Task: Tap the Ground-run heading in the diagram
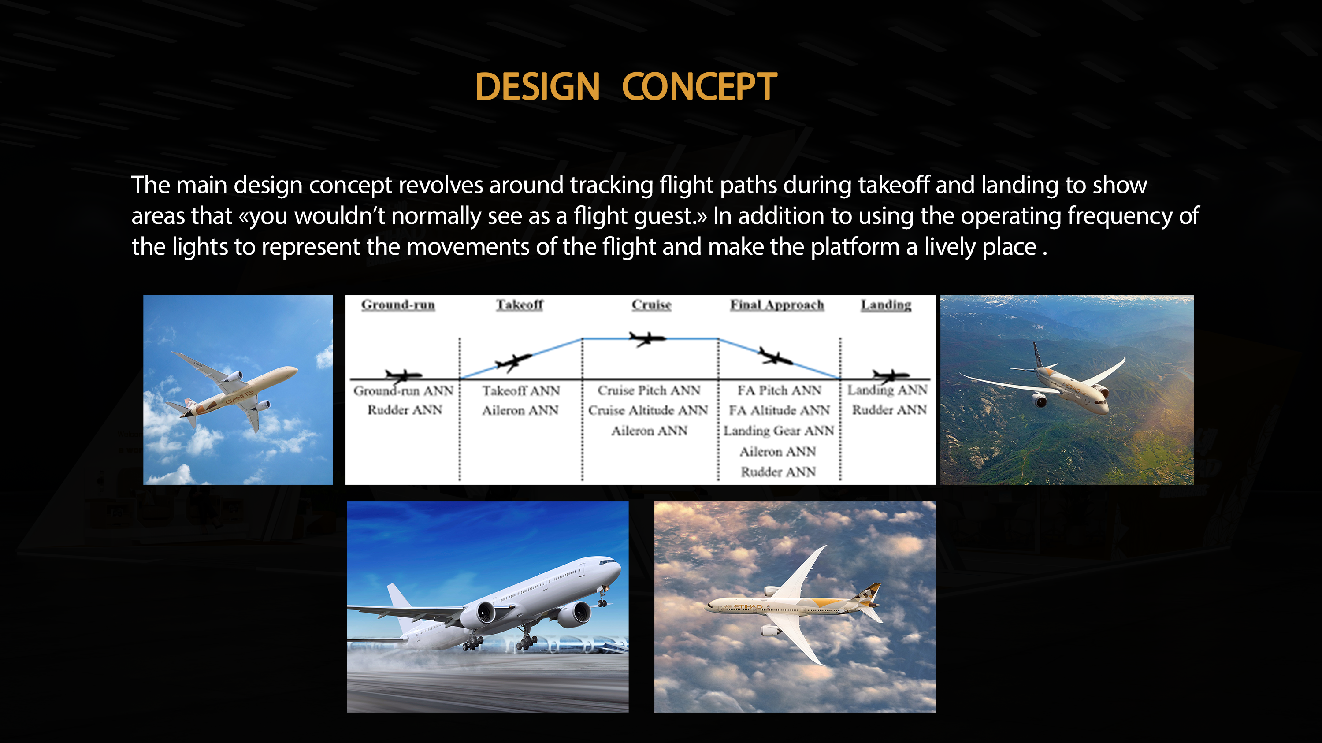click(398, 305)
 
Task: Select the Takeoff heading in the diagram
click(520, 305)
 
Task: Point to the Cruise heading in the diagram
click(651, 305)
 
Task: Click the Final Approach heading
click(777, 305)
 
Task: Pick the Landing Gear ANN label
click(779, 431)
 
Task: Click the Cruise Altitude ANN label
click(648, 410)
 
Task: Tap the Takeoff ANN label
click(520, 390)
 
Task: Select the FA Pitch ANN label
click(779, 390)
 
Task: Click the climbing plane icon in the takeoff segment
click(513, 362)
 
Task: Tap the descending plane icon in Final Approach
click(775, 356)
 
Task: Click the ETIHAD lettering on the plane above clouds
click(748, 606)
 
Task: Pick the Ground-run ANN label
click(403, 390)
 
